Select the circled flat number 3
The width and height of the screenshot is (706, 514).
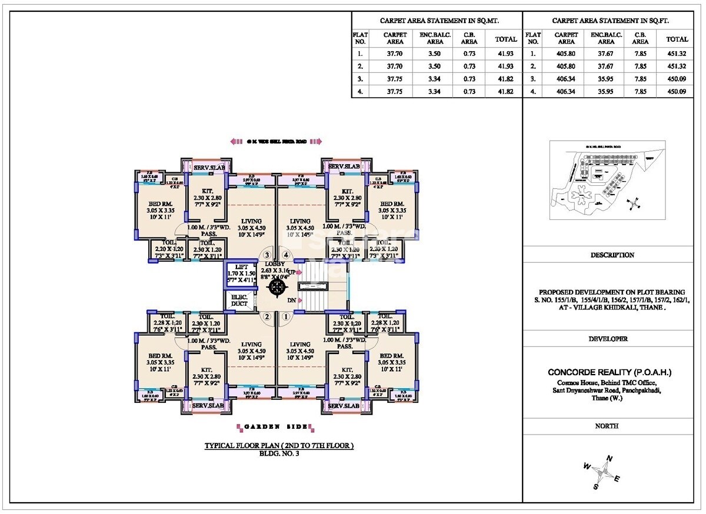(267, 255)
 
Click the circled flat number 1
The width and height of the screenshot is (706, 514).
(287, 316)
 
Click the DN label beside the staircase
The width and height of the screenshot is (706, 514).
(291, 301)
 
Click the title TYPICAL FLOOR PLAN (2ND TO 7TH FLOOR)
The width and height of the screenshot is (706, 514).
(279, 446)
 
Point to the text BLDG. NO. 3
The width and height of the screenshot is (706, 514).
(279, 453)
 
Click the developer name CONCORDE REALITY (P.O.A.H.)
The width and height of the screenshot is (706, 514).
(610, 372)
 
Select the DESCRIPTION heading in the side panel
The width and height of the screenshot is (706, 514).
(612, 255)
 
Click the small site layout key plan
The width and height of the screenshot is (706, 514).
(607, 181)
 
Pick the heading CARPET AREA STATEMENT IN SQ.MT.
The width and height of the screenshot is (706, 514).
(437, 20)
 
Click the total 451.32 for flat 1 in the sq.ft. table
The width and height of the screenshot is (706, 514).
(677, 54)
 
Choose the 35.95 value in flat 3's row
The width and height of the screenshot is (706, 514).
(606, 79)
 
